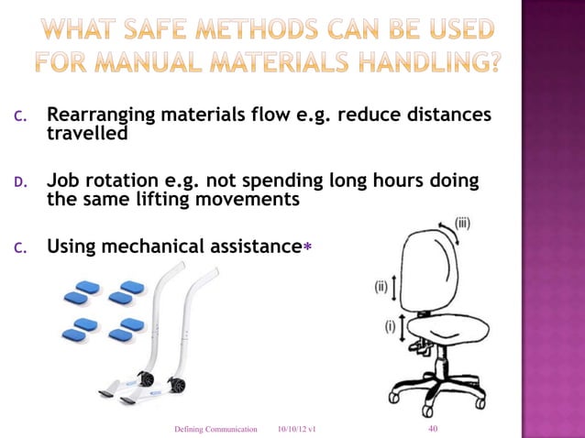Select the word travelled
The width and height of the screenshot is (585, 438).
(86, 135)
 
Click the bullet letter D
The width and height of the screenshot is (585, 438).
(28, 182)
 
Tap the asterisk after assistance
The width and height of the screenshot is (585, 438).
(307, 246)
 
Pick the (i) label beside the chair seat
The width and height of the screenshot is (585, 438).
(390, 325)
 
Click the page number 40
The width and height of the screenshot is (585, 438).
(434, 428)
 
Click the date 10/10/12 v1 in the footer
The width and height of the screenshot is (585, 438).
(297, 429)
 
